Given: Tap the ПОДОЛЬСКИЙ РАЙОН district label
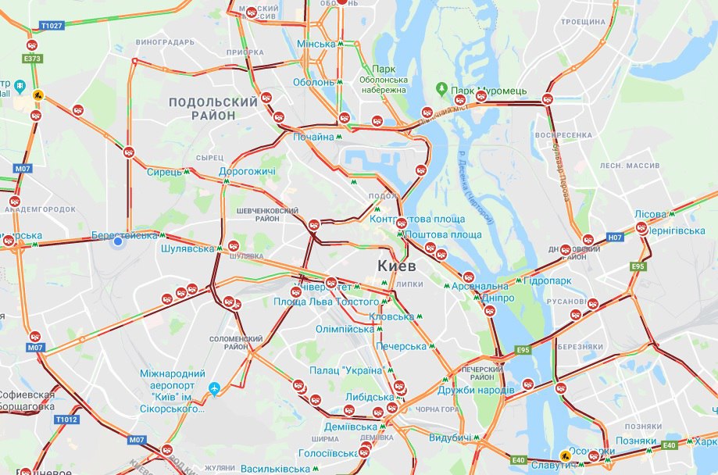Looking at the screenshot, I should point(213,109).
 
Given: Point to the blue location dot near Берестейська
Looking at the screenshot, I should point(118,242).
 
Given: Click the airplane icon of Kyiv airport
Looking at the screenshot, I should point(215,387).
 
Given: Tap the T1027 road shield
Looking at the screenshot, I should point(51,26).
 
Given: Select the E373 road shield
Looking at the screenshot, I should point(32,58).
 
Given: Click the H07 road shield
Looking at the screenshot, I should point(615,237).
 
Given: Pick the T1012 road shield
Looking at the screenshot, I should point(67,420).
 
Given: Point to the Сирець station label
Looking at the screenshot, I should point(164,172).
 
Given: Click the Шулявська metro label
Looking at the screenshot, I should point(187,248).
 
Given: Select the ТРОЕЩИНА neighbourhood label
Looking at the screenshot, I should point(584,22).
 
